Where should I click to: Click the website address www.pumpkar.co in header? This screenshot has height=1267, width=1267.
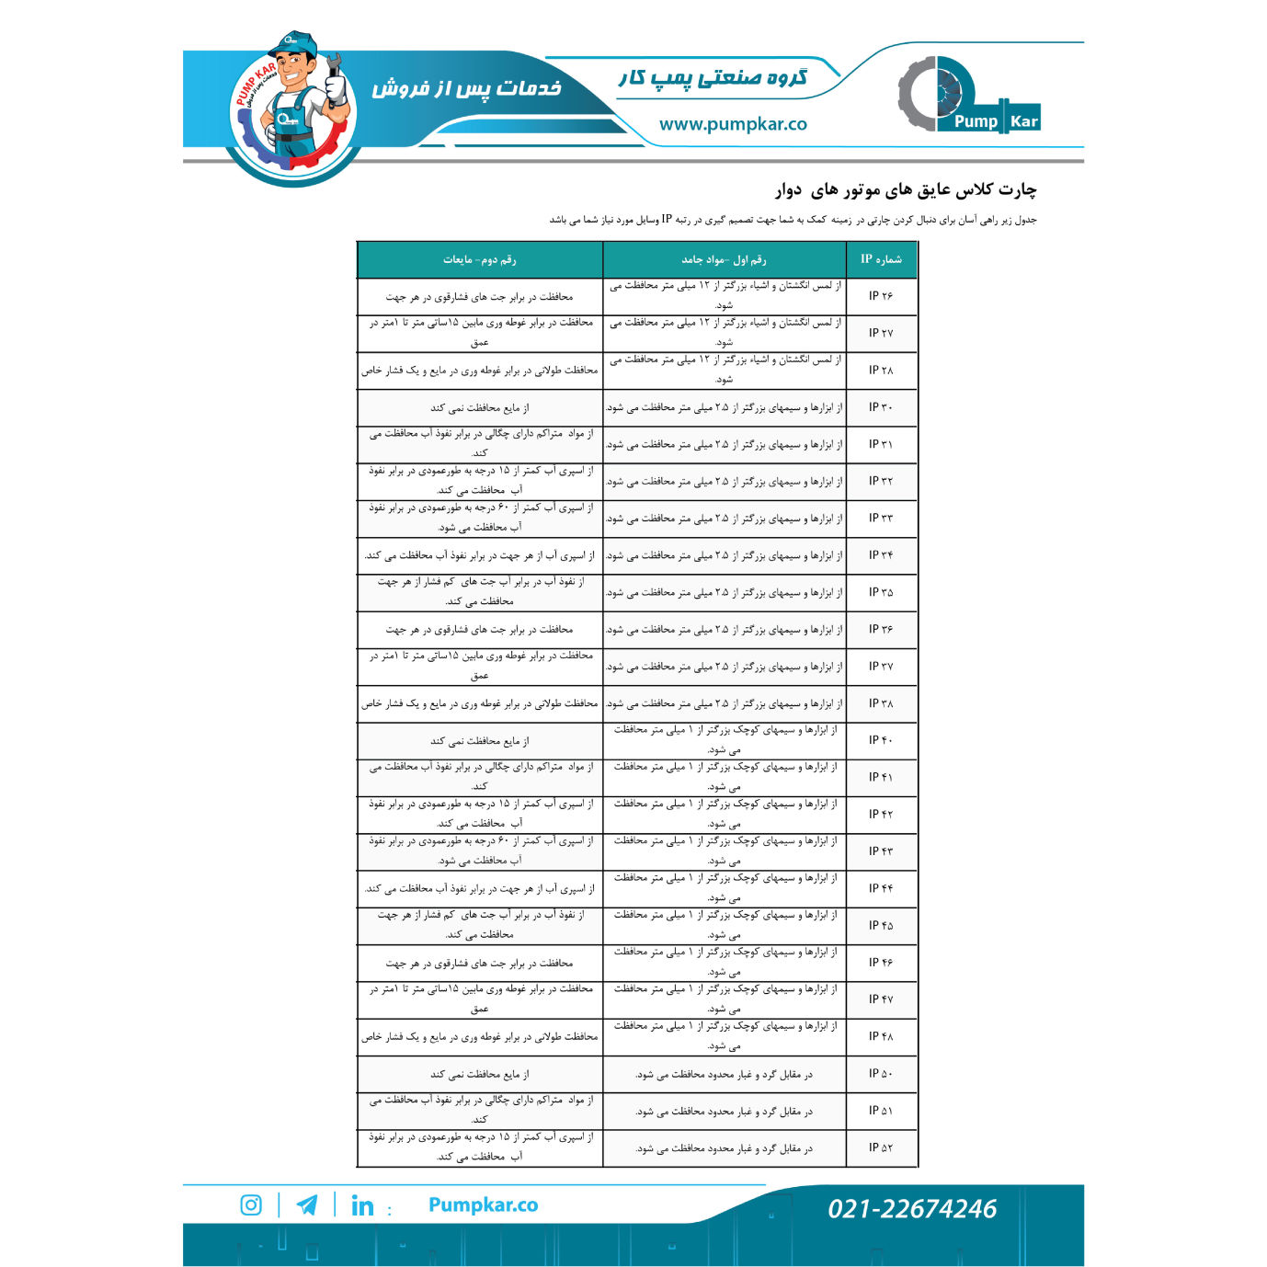pyautogui.click(x=733, y=124)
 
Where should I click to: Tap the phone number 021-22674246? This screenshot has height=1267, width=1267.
pyautogui.click(x=911, y=1208)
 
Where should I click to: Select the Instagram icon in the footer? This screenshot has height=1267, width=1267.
pyautogui.click(x=251, y=1204)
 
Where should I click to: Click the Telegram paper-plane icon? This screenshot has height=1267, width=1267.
pyautogui.click(x=307, y=1204)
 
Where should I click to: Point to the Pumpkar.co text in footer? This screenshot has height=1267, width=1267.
pyautogui.click(x=483, y=1204)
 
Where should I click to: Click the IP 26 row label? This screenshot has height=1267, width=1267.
pyautogui.click(x=880, y=296)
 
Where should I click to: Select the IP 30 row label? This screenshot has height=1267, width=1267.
pyautogui.click(x=880, y=407)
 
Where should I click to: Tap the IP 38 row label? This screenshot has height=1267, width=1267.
pyautogui.click(x=880, y=703)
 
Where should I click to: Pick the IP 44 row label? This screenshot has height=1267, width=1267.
pyautogui.click(x=880, y=888)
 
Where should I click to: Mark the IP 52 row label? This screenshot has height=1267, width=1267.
pyautogui.click(x=880, y=1147)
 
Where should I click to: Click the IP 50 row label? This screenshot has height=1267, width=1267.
pyautogui.click(x=880, y=1074)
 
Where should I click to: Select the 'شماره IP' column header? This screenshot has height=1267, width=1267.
pyautogui.click(x=881, y=259)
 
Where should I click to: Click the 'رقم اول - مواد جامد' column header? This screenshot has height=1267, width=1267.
pyautogui.click(x=724, y=259)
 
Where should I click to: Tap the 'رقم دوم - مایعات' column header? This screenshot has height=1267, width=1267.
pyautogui.click(x=479, y=259)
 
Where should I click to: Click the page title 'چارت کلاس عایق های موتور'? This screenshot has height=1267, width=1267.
pyautogui.click(x=906, y=190)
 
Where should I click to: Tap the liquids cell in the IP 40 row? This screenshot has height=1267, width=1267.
pyautogui.click(x=479, y=741)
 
